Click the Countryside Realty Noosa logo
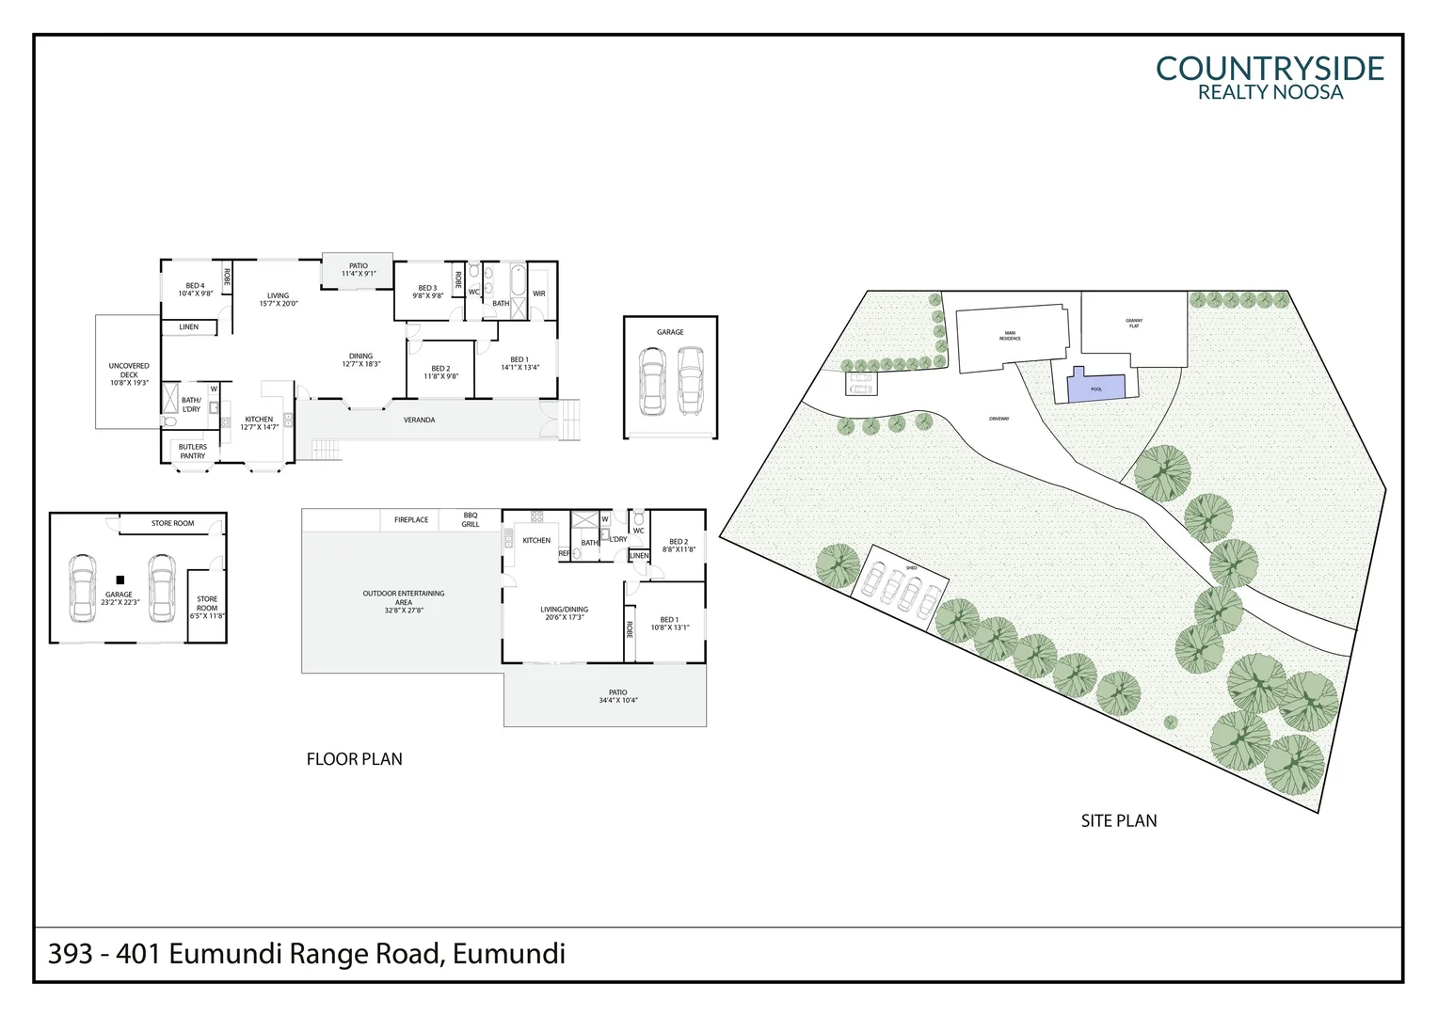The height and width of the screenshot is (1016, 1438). (x=1270, y=77)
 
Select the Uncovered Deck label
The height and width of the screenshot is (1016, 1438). (x=129, y=373)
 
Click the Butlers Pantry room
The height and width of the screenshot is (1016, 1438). (x=193, y=452)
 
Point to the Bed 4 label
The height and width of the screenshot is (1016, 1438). (x=195, y=289)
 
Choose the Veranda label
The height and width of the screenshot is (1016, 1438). (x=419, y=420)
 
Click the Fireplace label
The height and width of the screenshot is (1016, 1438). (x=411, y=519)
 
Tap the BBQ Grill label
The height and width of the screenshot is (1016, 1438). (x=471, y=519)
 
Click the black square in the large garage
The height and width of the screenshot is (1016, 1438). (x=120, y=580)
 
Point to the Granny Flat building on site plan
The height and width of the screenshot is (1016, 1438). (x=1134, y=328)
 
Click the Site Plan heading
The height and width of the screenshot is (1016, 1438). (x=1118, y=820)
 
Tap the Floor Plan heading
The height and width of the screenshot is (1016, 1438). (x=354, y=759)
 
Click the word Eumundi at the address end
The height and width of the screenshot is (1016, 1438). (x=509, y=954)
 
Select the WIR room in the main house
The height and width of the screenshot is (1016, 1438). (x=539, y=294)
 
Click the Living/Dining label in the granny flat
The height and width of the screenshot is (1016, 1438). (x=564, y=613)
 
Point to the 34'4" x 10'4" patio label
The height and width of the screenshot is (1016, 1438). (x=617, y=696)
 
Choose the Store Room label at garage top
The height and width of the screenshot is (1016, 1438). (x=173, y=523)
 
